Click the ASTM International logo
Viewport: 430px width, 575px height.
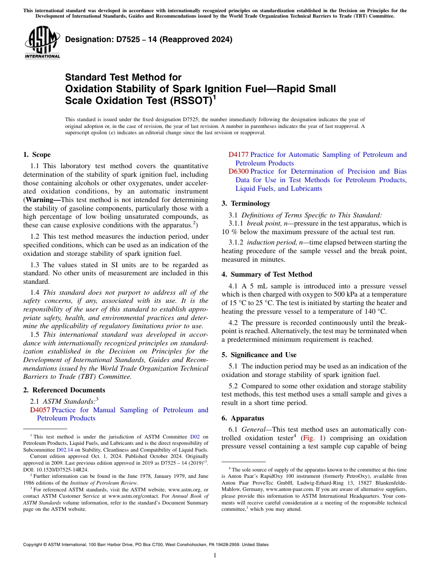[42, 43]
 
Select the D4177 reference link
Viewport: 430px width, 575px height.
[238, 155]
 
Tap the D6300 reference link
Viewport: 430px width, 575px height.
[238, 171]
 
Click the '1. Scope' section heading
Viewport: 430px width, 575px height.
[37, 155]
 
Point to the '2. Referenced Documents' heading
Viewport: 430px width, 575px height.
[64, 390]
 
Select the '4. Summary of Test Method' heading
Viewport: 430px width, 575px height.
[267, 274]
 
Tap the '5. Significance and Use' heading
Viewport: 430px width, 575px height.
[259, 355]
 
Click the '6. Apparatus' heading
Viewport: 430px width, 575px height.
[243, 418]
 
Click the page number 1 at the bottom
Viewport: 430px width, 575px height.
[215, 555]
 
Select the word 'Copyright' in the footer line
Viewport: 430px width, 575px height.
[33, 545]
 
